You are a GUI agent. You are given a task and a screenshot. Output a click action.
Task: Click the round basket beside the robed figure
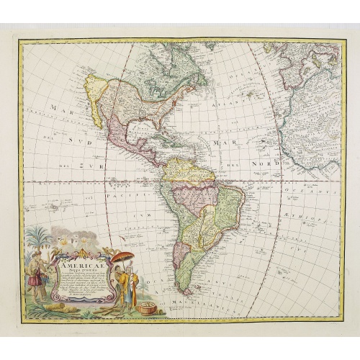148,307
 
